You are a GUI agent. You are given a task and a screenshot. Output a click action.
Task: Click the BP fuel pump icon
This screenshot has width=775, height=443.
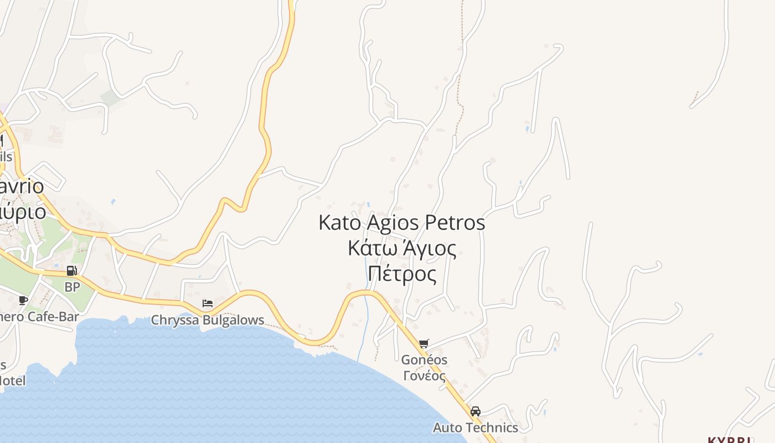coord(71,271)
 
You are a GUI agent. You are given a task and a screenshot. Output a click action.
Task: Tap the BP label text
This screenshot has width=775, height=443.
coord(72,287)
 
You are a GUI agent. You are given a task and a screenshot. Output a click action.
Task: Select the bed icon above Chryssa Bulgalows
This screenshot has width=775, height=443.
coord(208,303)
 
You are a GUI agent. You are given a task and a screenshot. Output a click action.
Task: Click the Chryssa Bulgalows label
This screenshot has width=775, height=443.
coord(208,321)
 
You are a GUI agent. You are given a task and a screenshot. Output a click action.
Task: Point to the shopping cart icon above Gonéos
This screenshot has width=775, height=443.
coord(424,343)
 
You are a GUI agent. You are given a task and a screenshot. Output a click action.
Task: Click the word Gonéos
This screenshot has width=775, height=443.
coord(424,360)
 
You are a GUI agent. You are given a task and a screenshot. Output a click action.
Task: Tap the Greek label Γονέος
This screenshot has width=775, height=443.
coord(424,376)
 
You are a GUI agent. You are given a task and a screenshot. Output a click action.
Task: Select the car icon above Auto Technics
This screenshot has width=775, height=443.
coord(475,411)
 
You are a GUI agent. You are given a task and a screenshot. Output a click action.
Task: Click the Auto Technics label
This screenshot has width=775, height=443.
coord(475,427)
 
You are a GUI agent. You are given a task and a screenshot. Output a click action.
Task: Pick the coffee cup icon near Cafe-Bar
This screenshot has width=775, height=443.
coord(23,300)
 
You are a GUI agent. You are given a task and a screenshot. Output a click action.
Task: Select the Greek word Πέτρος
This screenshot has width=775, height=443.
coord(402,274)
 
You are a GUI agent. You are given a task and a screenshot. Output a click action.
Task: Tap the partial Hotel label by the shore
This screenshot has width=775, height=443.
coord(12,380)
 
